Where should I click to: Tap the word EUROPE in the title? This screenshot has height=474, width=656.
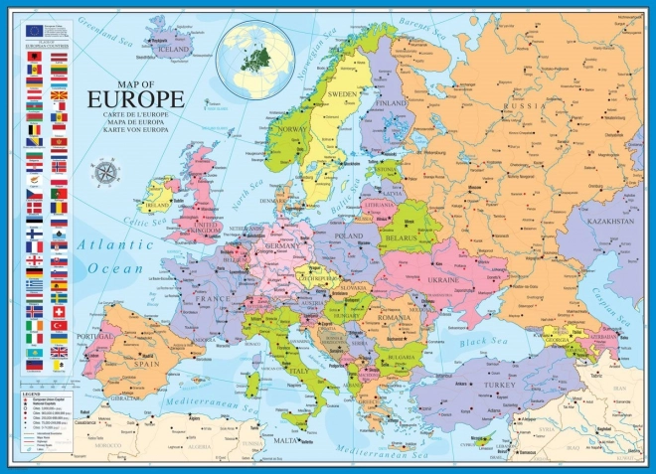135,99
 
